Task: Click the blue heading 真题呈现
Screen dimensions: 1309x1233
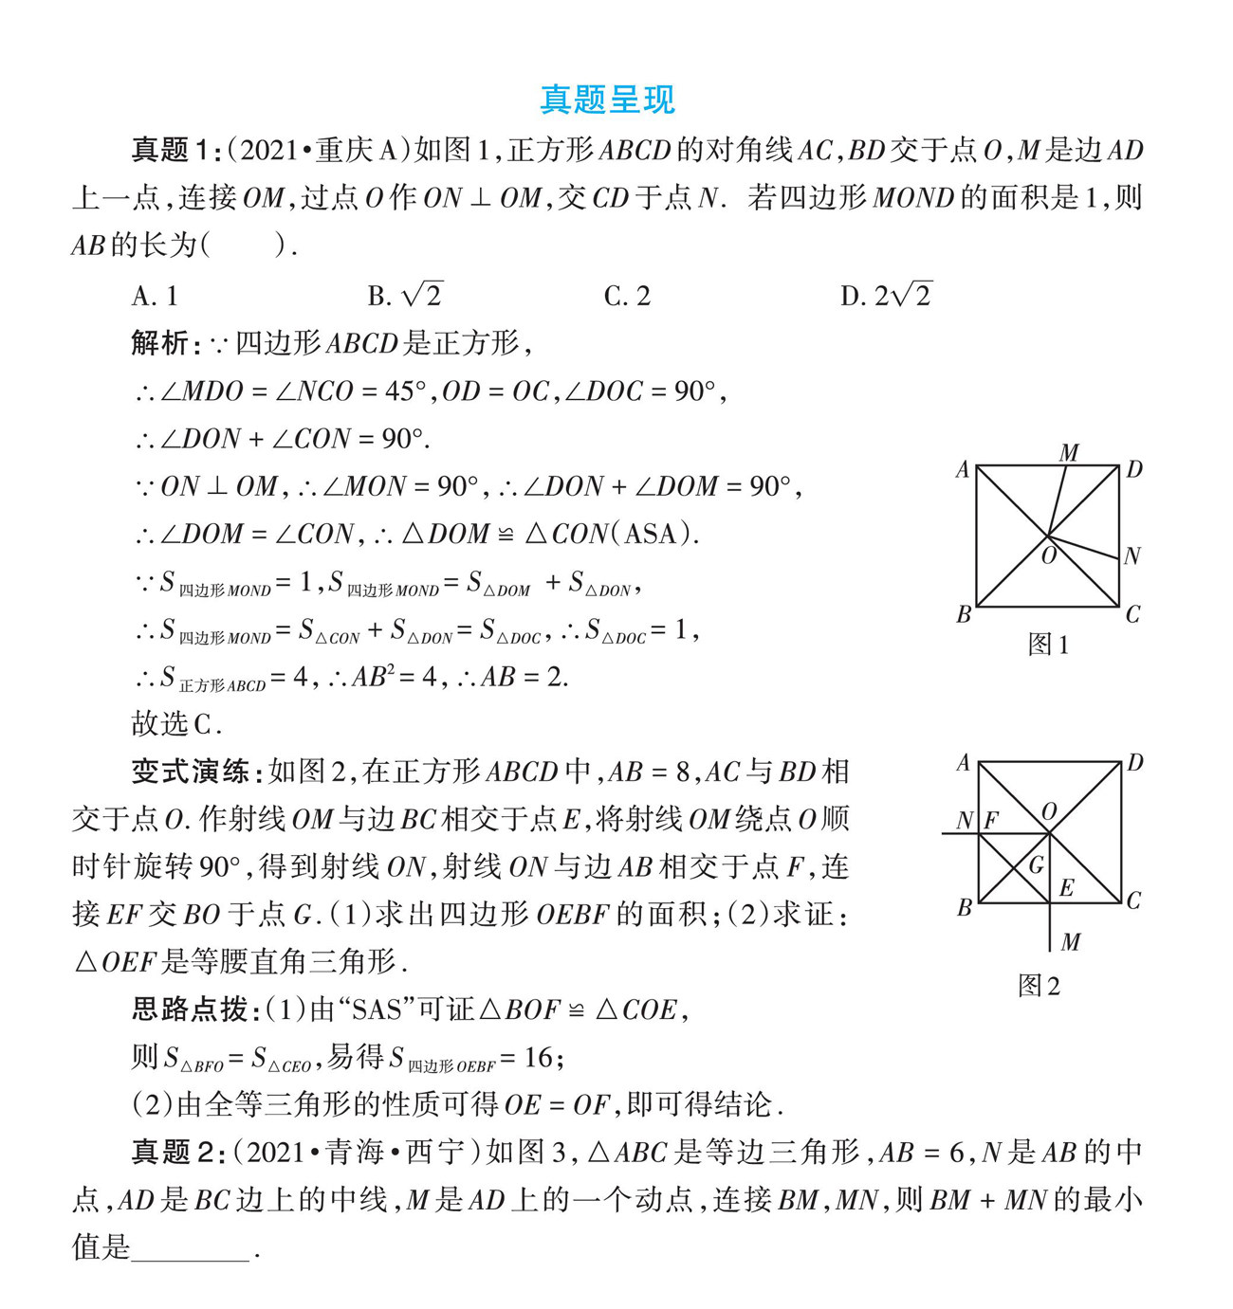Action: pyautogui.click(x=607, y=100)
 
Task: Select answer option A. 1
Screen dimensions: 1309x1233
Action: pyautogui.click(x=155, y=296)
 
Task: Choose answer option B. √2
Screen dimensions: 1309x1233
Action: pyautogui.click(x=405, y=296)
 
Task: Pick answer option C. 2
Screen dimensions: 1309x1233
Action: pyautogui.click(x=627, y=296)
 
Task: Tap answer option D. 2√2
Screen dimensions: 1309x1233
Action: pyautogui.click(x=886, y=296)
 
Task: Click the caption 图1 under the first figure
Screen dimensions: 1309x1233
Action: pyautogui.click(x=1048, y=645)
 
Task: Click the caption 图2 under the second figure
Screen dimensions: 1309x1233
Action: pyautogui.click(x=1039, y=986)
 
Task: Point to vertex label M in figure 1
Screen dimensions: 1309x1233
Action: pyautogui.click(x=1069, y=453)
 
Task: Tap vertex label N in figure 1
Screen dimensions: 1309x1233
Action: pyautogui.click(x=1132, y=556)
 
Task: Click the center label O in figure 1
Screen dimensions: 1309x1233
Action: pyautogui.click(x=1049, y=555)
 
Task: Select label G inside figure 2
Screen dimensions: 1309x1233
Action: pyautogui.click(x=1037, y=864)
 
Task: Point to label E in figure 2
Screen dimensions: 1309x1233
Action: pyautogui.click(x=1066, y=888)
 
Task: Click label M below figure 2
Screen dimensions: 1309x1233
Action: pyautogui.click(x=1071, y=942)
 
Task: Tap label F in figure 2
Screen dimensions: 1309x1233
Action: pyautogui.click(x=991, y=820)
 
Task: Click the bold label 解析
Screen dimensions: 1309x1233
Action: pyautogui.click(x=160, y=343)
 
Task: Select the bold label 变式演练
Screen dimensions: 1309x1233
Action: pyautogui.click(x=190, y=772)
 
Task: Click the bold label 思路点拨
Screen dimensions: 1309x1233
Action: pyautogui.click(x=190, y=1009)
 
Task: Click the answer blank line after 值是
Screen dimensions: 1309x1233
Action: pyautogui.click(x=190, y=1249)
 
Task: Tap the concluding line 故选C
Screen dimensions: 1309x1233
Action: pyautogui.click(x=175, y=724)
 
